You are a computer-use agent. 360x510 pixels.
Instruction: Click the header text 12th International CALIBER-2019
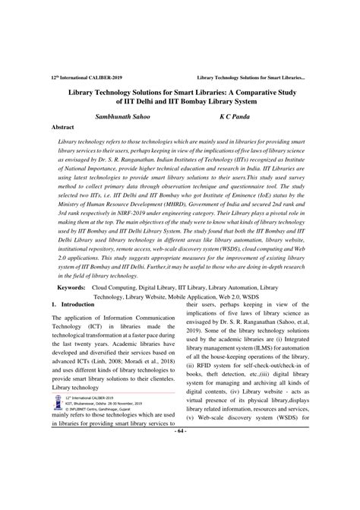tap(81, 78)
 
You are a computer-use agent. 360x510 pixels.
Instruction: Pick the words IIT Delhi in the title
tap(156, 102)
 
